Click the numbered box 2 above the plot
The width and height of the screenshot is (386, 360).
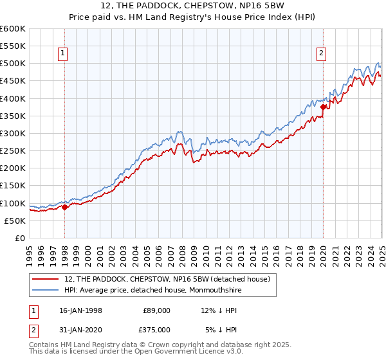click(321, 54)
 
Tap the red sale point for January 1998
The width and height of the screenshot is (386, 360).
click(64, 207)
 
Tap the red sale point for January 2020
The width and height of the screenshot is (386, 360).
click(323, 107)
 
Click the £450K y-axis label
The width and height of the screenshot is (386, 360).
click(13, 81)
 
